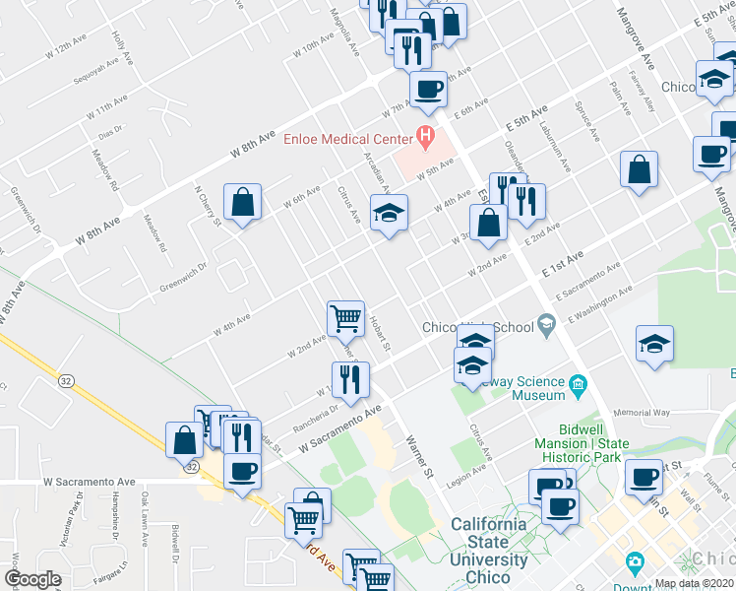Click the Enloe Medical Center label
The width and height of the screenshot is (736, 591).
pyautogui.click(x=347, y=139)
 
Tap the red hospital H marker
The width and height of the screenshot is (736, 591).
pyautogui.click(x=425, y=135)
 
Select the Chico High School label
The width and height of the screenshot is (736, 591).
pyautogui.click(x=476, y=327)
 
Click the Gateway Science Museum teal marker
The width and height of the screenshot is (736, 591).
pyautogui.click(x=578, y=382)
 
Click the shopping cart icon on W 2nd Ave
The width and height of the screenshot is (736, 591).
pyautogui.click(x=345, y=318)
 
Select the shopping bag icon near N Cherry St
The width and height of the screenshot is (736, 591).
pyautogui.click(x=242, y=203)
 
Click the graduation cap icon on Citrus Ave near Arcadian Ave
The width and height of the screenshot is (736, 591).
pyautogui.click(x=389, y=213)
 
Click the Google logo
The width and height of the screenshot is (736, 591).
pyautogui.click(x=32, y=579)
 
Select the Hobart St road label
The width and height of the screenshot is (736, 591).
pyautogui.click(x=380, y=334)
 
